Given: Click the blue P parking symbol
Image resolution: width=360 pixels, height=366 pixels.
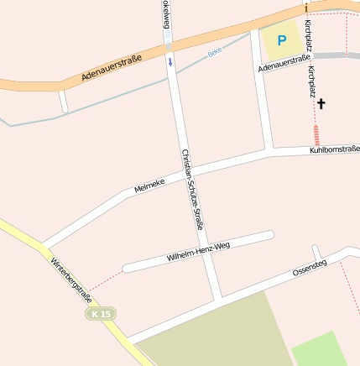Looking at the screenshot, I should point(282,39).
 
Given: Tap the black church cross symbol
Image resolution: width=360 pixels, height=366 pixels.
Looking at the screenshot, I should point(321,104).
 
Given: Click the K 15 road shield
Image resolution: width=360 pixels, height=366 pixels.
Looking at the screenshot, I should point(102,313).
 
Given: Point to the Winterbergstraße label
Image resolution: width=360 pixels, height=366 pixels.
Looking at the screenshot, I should point(70,279).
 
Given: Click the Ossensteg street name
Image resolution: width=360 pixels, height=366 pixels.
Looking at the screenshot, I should point(309,268).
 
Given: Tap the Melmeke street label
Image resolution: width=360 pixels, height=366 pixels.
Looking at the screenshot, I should point(149,184).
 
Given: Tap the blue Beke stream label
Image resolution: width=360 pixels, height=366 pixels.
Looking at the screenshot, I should point(215,52).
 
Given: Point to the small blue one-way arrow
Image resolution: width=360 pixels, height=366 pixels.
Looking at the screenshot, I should point(170,61).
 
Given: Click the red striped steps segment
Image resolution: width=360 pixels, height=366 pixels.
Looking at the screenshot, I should point(316,134).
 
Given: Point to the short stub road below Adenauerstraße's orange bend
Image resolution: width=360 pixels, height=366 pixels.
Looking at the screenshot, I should point(63,102).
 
